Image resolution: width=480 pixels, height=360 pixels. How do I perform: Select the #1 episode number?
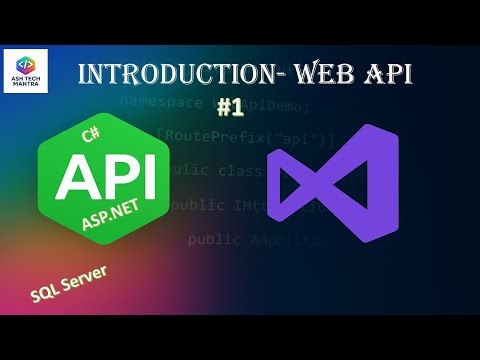pyautogui.click(x=231, y=106)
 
